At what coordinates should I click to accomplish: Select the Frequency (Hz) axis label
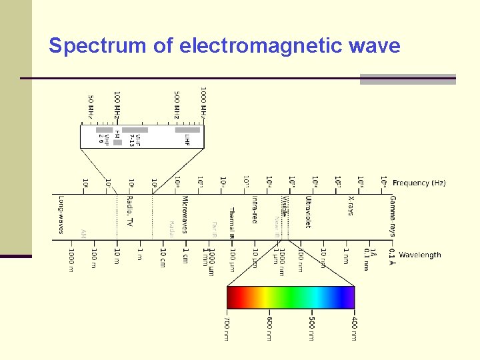[x=419, y=183]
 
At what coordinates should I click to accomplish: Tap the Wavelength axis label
[x=419, y=255]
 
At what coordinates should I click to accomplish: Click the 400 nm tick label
[x=353, y=328]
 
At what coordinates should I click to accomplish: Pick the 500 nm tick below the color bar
[x=311, y=328]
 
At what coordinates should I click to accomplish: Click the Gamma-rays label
[x=392, y=216]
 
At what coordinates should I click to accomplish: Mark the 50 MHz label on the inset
[x=91, y=107]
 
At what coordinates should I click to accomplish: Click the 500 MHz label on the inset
[x=176, y=105]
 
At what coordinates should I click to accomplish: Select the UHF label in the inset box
[x=187, y=139]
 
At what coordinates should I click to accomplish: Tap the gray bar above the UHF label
[x=187, y=130]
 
